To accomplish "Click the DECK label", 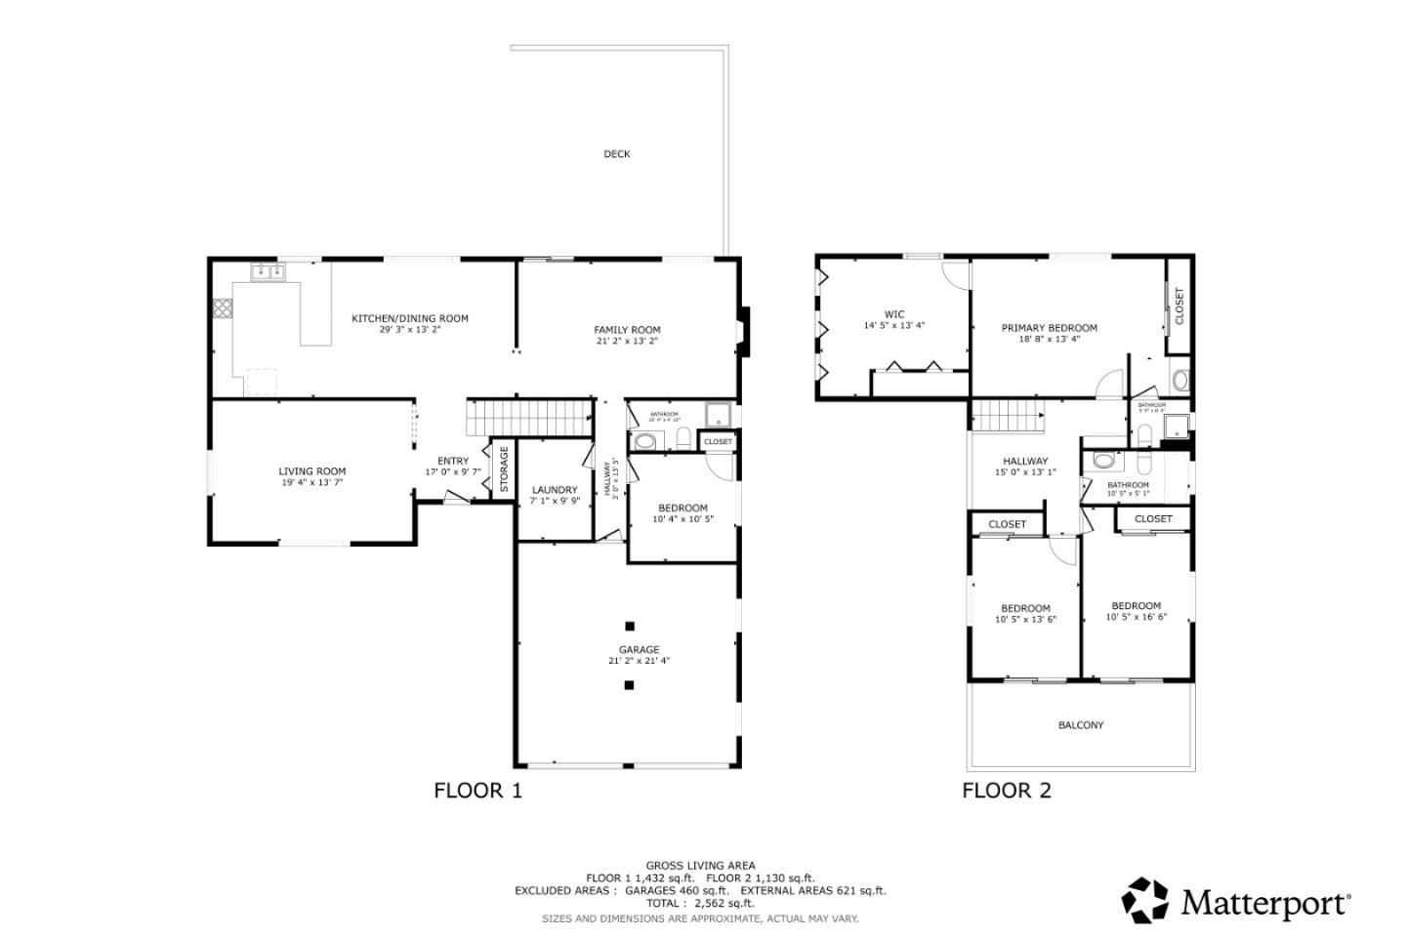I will point(616,154).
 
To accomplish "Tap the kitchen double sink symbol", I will point(267,273).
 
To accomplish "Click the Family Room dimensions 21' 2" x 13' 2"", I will point(627,342).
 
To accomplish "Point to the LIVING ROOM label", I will point(311,471).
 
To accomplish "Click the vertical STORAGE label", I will point(504,468).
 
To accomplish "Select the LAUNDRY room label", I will point(555,490).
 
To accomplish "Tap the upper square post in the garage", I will point(630,627).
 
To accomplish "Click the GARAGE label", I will point(639,650).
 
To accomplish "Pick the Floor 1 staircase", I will point(530,418).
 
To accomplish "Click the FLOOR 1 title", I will point(477,791).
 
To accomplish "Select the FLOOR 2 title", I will point(1007,791).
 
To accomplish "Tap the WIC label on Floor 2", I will point(894,314).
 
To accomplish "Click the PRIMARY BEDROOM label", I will point(1049,328).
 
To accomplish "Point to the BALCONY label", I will point(1081,725).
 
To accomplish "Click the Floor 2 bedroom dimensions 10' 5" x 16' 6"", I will point(1136,618).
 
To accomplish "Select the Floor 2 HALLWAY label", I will point(1025,462).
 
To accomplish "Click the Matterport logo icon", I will point(1145,900).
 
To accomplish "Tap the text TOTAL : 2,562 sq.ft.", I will point(700,904).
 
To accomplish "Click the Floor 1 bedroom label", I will point(682,508).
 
